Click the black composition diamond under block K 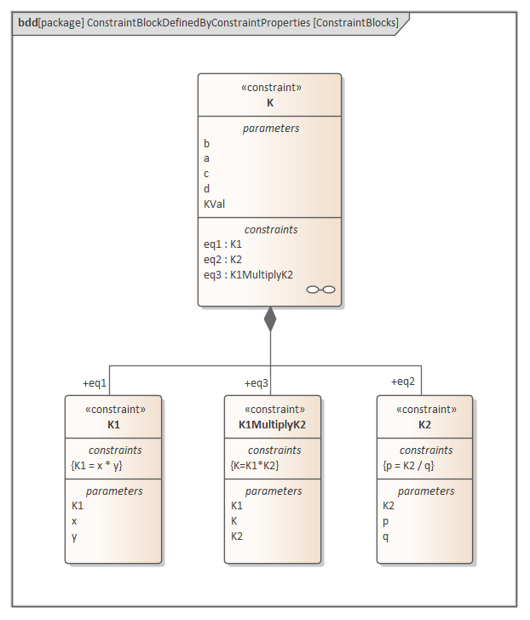270,319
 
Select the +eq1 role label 95,382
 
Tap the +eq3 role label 256,382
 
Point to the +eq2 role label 403,382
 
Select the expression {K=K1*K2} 255,465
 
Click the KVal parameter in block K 214,204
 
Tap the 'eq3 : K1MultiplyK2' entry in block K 248,274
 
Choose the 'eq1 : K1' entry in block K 222,244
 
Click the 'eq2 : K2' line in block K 222,259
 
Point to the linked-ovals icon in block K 320,290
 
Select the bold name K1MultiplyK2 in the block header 273,424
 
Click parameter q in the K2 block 386,537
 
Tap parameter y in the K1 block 74,537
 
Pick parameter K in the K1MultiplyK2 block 234,521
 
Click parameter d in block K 206,188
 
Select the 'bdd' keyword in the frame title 26,23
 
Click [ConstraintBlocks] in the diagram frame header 356,23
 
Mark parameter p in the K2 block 386,521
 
